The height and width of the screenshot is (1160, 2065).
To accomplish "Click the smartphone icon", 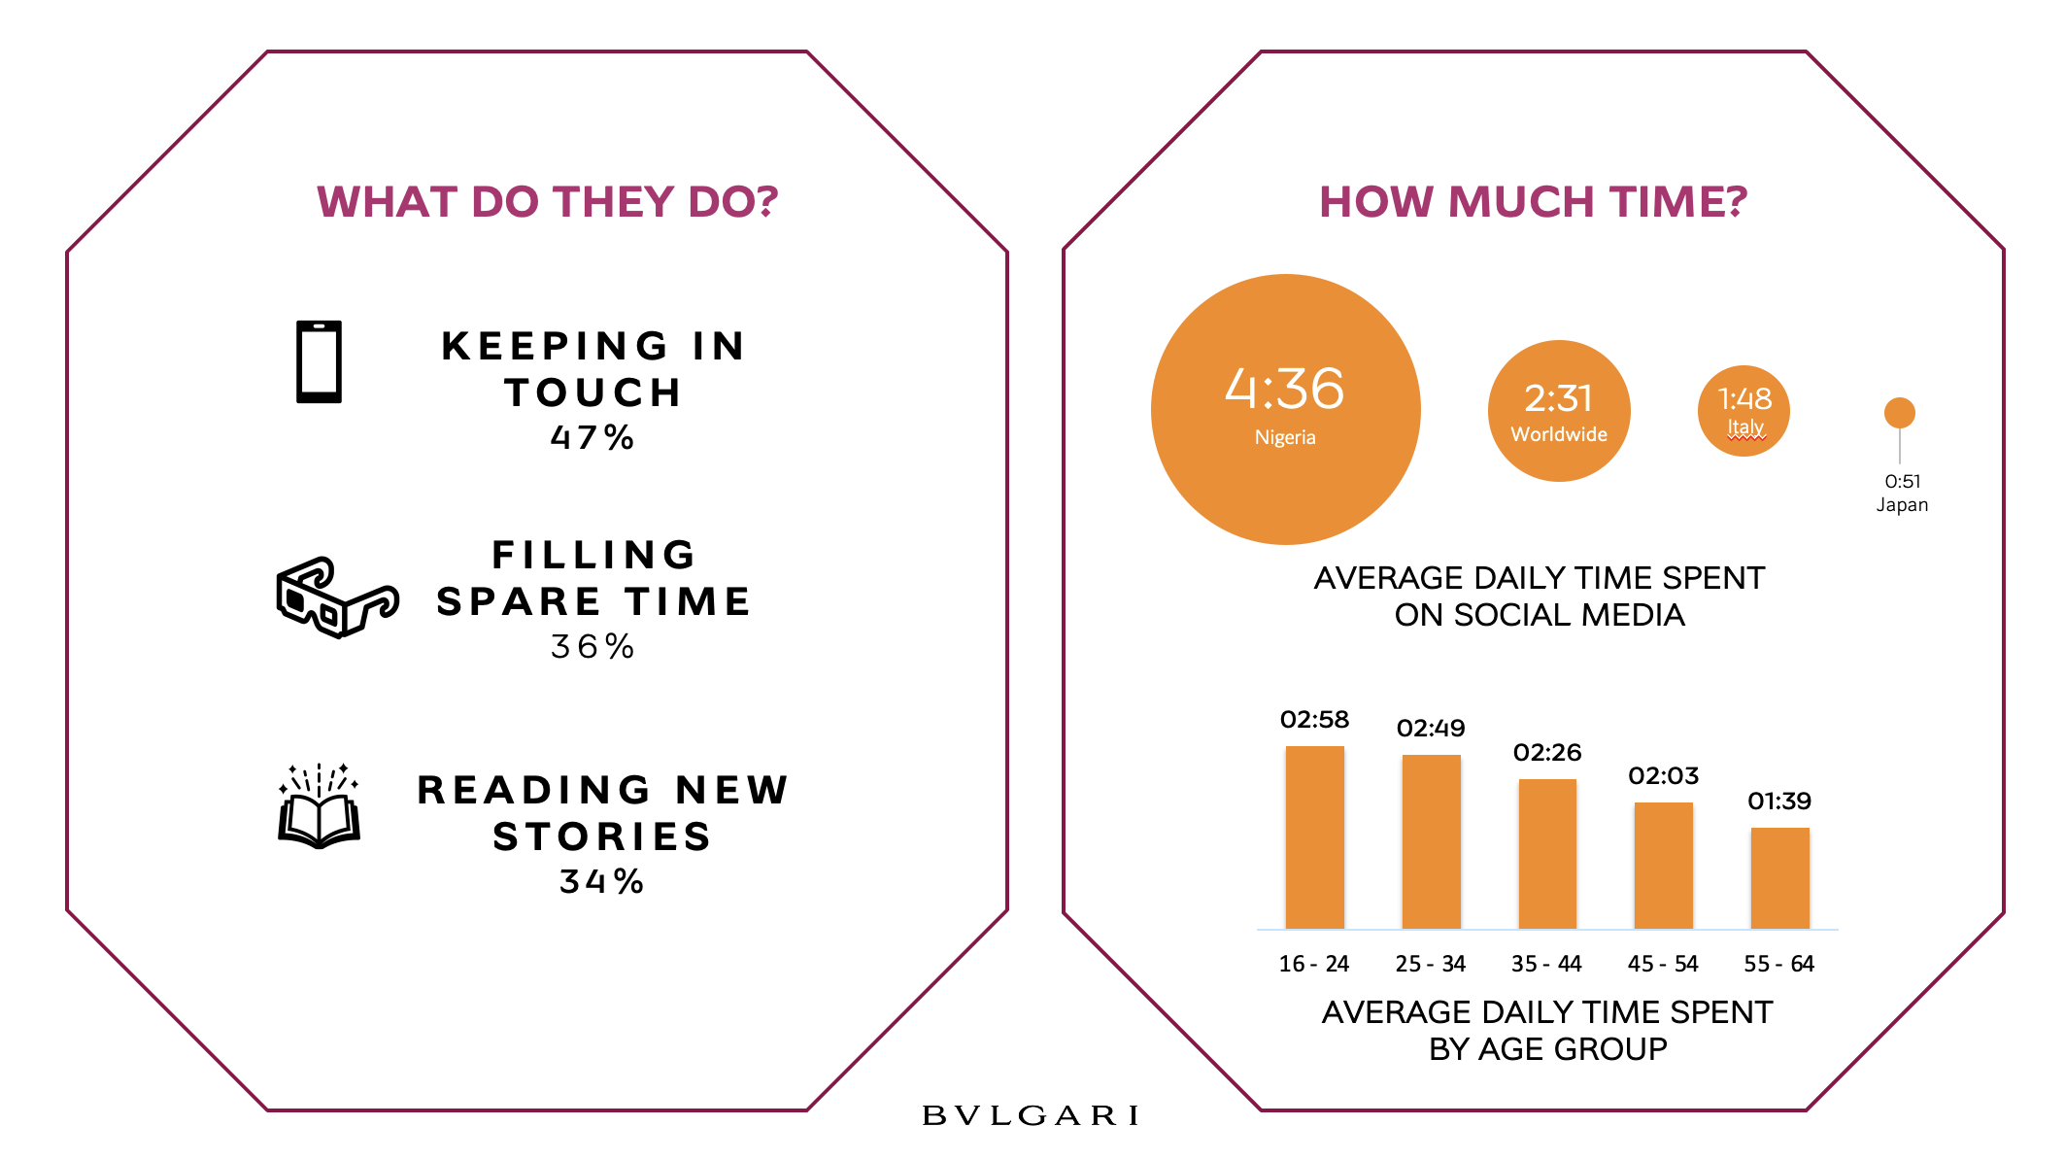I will [x=319, y=361].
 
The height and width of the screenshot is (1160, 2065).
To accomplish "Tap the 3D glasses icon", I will [x=336, y=597].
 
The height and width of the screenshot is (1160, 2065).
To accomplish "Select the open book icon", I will [x=320, y=808].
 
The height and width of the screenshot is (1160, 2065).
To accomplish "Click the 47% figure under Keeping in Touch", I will [x=592, y=437].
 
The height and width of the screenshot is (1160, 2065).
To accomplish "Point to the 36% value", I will [x=592, y=646].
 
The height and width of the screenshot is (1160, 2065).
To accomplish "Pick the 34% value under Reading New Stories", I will [x=601, y=881].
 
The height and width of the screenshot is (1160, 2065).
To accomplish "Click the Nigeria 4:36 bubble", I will [x=1285, y=409].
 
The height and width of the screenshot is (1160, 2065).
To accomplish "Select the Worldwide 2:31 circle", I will [x=1559, y=411].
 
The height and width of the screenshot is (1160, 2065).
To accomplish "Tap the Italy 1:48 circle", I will [x=1743, y=411].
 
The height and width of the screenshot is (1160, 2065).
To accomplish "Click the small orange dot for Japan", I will [x=1899, y=413].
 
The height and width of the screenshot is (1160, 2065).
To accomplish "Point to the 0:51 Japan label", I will [x=1902, y=493].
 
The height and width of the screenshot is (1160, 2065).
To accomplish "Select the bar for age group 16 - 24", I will [x=1314, y=837].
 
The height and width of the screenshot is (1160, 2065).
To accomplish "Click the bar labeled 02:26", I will [x=1547, y=854].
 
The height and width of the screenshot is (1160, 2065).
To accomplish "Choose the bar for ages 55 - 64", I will [x=1779, y=878].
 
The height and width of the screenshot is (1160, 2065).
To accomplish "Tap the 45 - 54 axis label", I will [x=1663, y=964].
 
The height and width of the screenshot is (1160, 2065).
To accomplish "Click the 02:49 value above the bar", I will [x=1431, y=728].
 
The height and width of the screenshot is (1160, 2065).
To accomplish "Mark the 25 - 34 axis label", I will [x=1430, y=964].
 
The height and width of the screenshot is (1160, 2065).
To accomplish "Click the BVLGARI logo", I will [x=1031, y=1115].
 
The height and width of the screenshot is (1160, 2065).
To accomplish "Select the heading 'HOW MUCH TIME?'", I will [x=1533, y=202].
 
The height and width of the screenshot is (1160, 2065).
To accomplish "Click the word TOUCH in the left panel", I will [x=593, y=392].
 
